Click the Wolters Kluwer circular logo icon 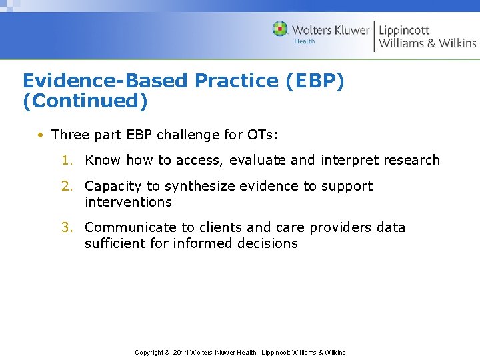(x=280, y=29)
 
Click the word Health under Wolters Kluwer (x=305, y=41)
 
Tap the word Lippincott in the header (x=404, y=29)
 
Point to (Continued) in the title (x=85, y=101)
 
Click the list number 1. (x=67, y=160)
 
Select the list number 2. (x=67, y=186)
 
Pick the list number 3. (x=67, y=227)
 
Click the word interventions (x=128, y=202)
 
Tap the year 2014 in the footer (x=181, y=353)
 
